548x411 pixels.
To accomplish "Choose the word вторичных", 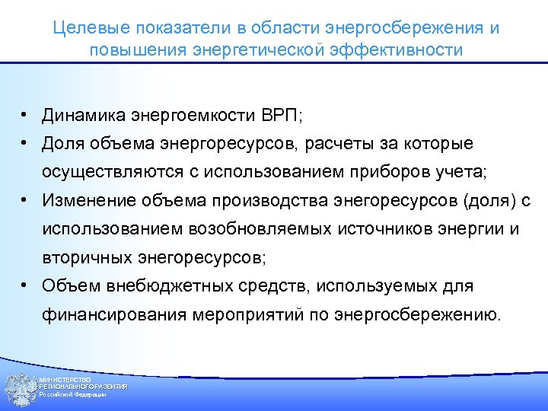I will pyautogui.click(x=83, y=257).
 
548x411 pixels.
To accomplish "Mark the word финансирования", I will pyautogui.click(x=102, y=314).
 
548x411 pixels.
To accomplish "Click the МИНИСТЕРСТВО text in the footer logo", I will pyautogui.click(x=65, y=379).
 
